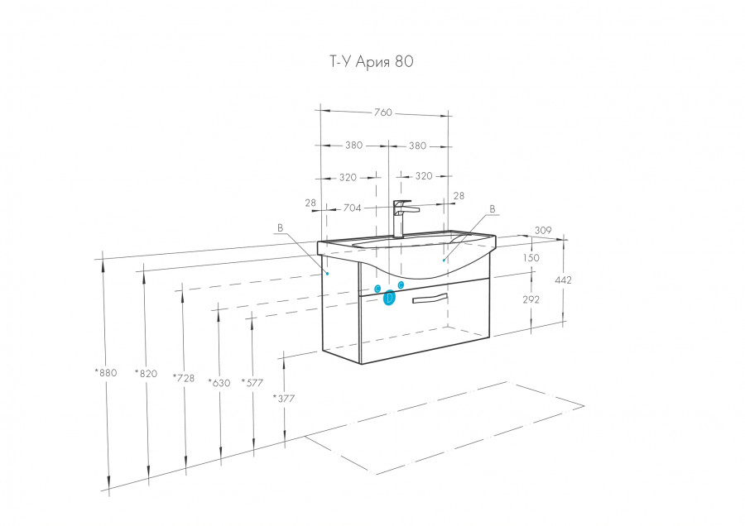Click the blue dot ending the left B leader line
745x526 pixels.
point(327,274)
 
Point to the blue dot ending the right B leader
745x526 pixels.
point(444,261)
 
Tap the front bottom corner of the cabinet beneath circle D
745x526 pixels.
point(361,364)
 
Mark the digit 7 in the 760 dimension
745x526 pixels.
point(377,112)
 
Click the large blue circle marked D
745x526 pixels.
point(389,298)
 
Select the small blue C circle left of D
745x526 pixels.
point(377,289)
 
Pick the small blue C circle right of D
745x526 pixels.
point(401,285)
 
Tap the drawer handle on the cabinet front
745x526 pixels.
point(430,298)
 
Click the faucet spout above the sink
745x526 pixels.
point(410,208)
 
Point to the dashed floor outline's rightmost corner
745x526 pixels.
point(584,406)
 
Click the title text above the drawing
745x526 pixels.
point(372,61)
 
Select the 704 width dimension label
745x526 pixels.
point(352,208)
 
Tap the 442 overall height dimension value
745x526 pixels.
point(563,280)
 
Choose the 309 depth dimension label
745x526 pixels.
point(543,230)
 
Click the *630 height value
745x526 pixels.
point(219,383)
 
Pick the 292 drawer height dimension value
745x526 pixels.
point(531,299)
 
